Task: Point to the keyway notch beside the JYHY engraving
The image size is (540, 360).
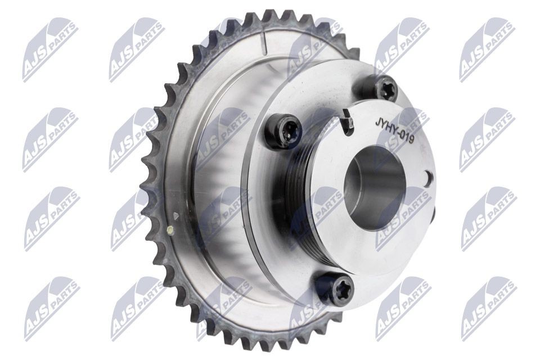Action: coord(347,121)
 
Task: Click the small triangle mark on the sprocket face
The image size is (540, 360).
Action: coord(176,216)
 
